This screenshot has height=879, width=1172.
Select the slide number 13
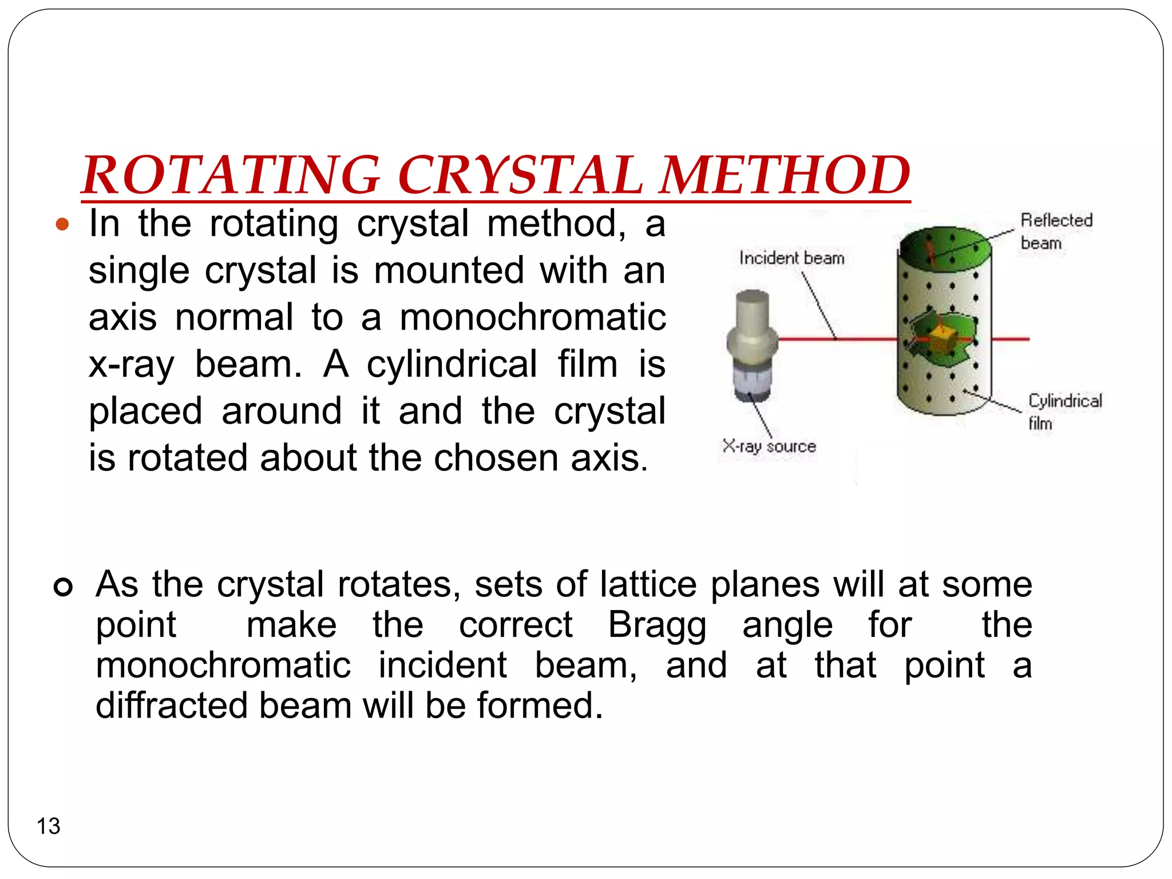48,826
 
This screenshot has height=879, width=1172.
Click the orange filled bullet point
62,224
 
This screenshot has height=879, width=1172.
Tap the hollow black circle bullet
63,587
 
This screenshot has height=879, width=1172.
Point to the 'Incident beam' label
791,258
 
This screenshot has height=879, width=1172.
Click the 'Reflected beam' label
1056,231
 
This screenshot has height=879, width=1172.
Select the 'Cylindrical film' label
1064,411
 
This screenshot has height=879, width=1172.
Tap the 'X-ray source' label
769,446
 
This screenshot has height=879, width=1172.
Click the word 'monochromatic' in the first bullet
532,317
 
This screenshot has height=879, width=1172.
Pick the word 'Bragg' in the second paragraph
657,624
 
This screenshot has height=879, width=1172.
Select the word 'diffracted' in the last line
171,705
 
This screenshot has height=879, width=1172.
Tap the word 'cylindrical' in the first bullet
452,364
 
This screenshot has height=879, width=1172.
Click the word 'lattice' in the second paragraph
648,584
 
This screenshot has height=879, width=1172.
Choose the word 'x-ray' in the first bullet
131,364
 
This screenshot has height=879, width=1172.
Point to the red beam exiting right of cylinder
1011,339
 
